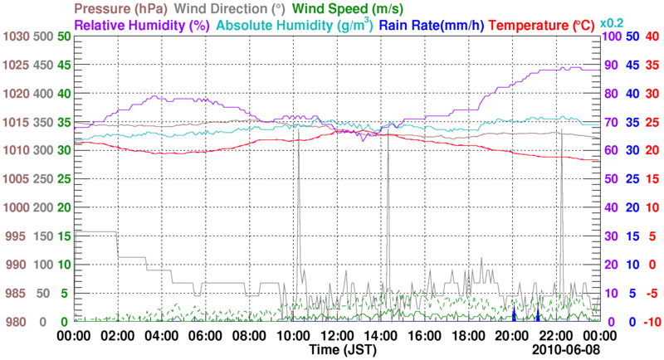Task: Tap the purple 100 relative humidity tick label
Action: click(x=611, y=37)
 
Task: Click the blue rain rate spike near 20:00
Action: click(x=514, y=315)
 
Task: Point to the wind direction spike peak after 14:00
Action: click(x=388, y=131)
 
